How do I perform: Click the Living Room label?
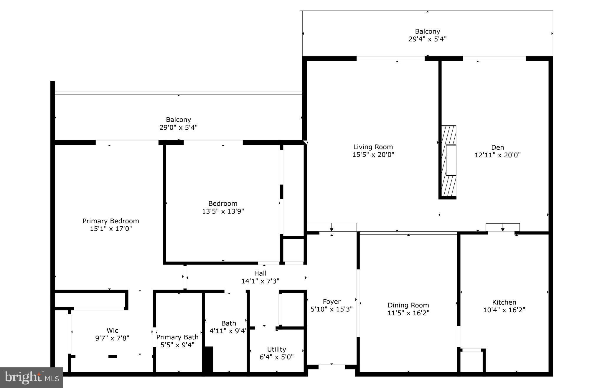373,147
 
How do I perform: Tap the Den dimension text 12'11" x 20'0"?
497,155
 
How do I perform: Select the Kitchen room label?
504,302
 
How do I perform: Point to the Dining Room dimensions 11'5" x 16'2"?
408,313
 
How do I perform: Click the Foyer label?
331,301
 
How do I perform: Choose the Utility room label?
276,349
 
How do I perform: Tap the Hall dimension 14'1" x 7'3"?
260,281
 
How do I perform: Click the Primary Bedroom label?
110,221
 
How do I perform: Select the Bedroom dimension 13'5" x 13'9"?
223,211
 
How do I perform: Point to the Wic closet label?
112,330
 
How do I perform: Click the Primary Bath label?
177,337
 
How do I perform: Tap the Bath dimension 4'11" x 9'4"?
228,331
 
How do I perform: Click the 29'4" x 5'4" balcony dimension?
427,39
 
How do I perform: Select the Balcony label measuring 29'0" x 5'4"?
178,120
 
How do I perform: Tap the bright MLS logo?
31,377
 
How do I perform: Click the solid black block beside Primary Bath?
208,359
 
